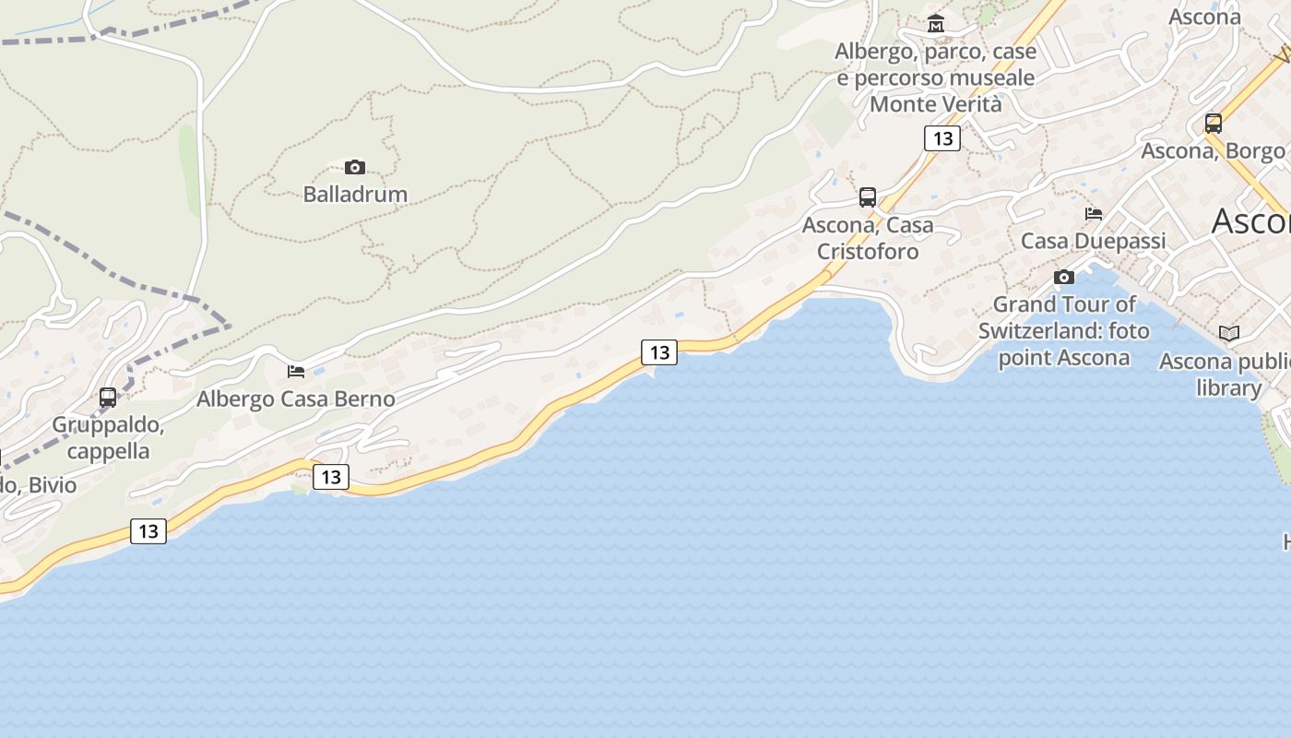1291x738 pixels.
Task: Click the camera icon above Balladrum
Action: click(x=355, y=167)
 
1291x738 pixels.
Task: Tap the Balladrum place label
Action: click(x=355, y=194)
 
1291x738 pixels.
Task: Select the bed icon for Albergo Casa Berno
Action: click(x=296, y=371)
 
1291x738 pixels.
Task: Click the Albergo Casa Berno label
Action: click(x=296, y=399)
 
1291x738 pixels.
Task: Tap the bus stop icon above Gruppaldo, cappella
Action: click(x=108, y=398)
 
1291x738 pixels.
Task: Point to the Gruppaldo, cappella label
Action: click(x=108, y=438)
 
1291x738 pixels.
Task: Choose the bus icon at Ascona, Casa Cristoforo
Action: click(x=868, y=196)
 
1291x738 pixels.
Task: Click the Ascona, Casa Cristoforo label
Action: click(x=868, y=238)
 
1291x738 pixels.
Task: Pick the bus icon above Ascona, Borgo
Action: click(x=1214, y=123)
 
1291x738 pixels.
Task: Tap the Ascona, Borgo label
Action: click(x=1214, y=150)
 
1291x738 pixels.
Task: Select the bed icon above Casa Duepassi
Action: click(x=1094, y=213)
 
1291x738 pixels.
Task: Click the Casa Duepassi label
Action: click(x=1094, y=241)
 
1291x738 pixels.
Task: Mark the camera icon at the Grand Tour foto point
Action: click(x=1064, y=277)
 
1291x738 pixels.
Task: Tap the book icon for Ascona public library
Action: click(x=1229, y=333)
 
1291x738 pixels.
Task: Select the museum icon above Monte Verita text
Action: click(x=936, y=23)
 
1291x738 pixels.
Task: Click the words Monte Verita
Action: click(x=935, y=104)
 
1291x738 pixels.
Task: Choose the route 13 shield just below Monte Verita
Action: click(x=942, y=138)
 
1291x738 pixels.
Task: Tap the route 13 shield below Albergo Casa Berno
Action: click(x=331, y=477)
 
